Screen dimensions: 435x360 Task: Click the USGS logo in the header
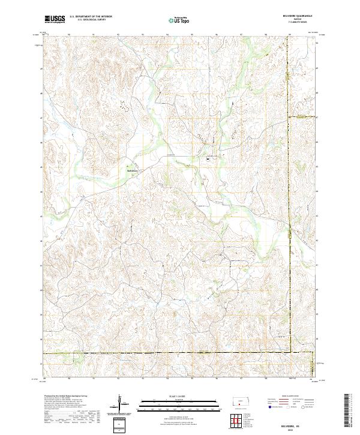click(55, 19)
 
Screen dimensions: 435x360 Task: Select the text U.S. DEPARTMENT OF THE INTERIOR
click(91, 17)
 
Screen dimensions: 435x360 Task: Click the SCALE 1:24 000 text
click(165, 396)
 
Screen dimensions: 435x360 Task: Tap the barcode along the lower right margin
click(349, 411)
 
